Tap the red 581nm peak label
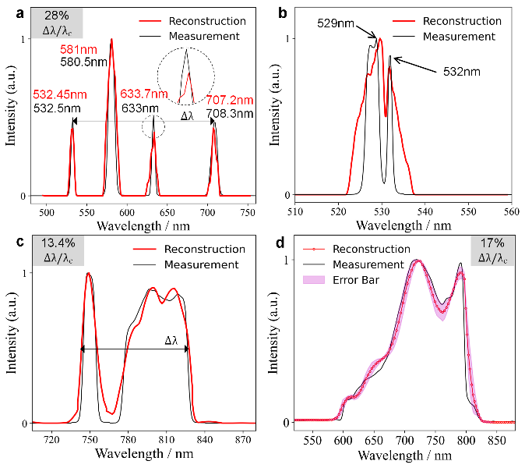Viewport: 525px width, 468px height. tap(78, 50)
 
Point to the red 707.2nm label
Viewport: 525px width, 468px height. tap(230, 100)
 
